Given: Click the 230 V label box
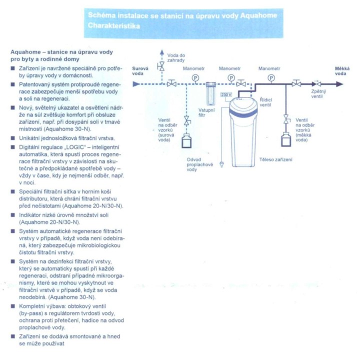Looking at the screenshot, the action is (x=226, y=94).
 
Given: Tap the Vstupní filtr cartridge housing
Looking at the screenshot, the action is (x=211, y=93).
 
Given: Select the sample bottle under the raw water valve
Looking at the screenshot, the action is (x=186, y=141).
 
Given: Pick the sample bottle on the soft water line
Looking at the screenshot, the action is (x=286, y=139).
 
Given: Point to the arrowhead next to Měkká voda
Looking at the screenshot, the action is (x=339, y=84).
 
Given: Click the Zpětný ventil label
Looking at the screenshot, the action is (x=318, y=93).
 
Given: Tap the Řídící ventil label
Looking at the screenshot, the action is (x=266, y=102).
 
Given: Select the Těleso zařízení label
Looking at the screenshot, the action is (x=275, y=159).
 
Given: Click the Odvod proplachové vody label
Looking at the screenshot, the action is (x=199, y=164).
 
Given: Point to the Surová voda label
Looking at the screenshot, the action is (x=140, y=71).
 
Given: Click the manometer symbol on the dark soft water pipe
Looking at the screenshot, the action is (x=271, y=78).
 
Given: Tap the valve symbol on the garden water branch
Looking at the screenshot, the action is (x=162, y=66).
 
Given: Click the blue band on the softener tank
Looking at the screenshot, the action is (x=243, y=112).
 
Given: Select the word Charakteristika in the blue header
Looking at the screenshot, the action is (x=114, y=25).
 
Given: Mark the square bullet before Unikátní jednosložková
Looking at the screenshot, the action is (x=13, y=138).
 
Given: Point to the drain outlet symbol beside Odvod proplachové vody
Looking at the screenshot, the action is (x=221, y=164).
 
